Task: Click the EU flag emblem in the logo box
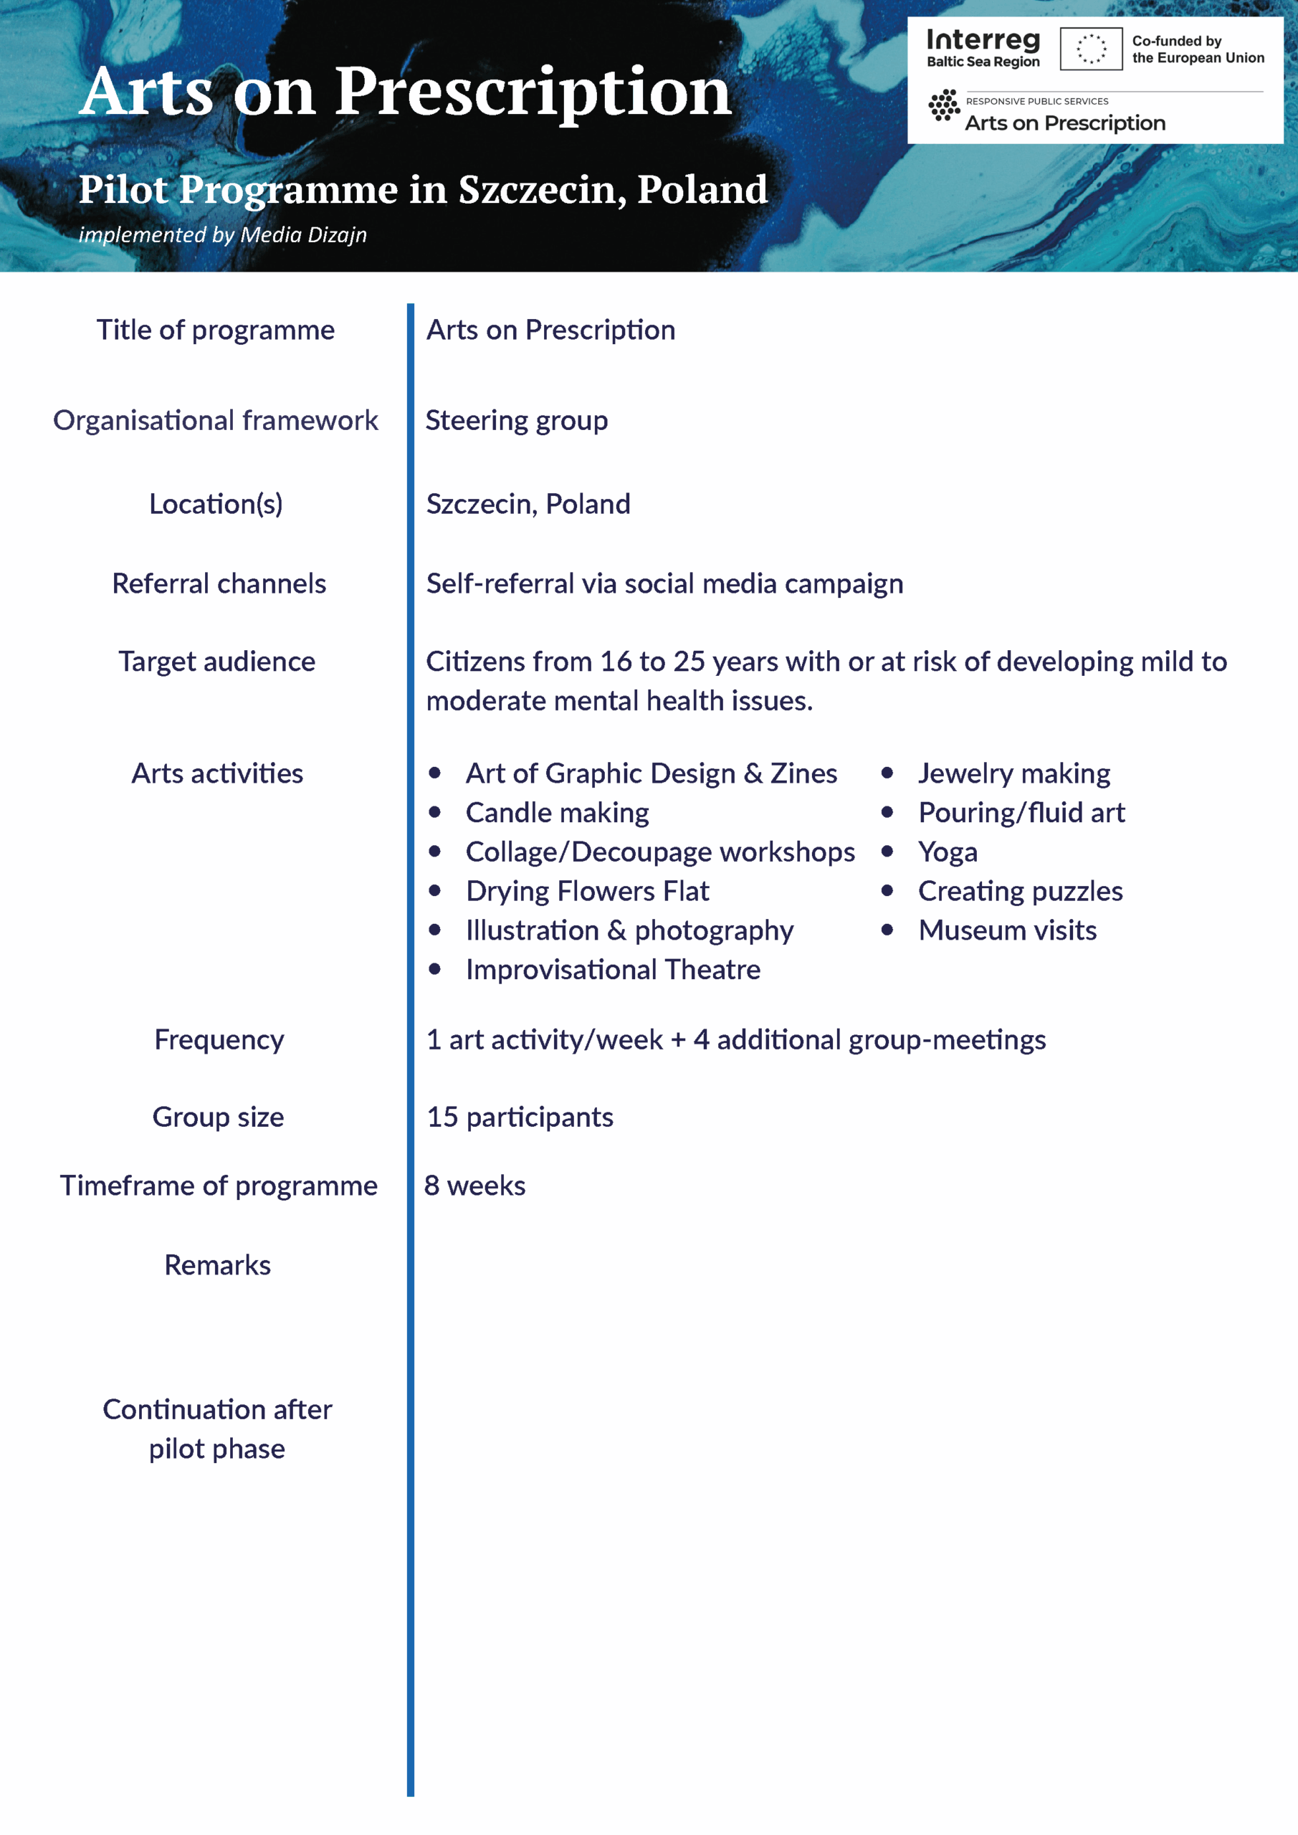tap(1091, 49)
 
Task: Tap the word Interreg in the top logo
tap(983, 40)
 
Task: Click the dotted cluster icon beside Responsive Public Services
tap(944, 105)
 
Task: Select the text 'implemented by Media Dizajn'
tap(223, 235)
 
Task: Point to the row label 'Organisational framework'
tap(216, 420)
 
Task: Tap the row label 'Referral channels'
tap(219, 583)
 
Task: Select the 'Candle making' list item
tap(557, 813)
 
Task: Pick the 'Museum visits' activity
tap(1007, 930)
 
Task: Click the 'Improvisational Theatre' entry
tap(613, 969)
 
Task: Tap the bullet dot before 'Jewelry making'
tap(887, 773)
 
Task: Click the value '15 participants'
tap(520, 1117)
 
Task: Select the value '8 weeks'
tap(474, 1186)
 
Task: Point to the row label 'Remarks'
tap(217, 1265)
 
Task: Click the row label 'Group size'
tap(218, 1117)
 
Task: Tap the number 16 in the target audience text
tap(616, 662)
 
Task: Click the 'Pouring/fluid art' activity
tap(1021, 813)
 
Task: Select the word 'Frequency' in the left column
tap(219, 1040)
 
